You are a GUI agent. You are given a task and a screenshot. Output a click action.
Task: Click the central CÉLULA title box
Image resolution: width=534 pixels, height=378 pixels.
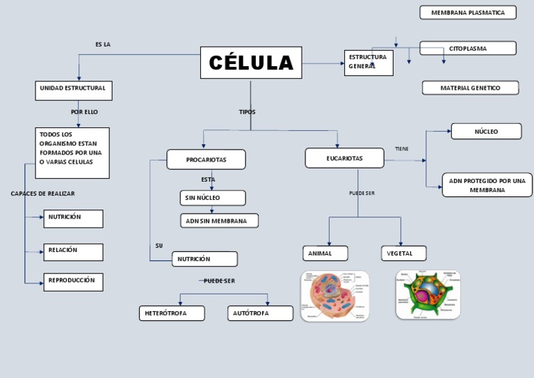click(251, 63)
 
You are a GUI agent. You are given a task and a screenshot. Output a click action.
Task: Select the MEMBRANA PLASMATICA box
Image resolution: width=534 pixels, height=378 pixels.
click(468, 13)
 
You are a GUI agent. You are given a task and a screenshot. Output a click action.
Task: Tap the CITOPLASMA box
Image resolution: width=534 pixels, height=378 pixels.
click(468, 48)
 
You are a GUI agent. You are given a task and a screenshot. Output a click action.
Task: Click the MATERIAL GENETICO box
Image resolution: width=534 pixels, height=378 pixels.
click(470, 88)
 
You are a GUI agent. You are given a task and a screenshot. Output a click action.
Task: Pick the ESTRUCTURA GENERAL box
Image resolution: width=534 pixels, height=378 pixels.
click(369, 62)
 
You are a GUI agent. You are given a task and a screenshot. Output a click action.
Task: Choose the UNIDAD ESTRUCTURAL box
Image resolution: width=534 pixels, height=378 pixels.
click(73, 90)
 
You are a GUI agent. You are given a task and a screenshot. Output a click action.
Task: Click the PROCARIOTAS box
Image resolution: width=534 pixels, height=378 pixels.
click(206, 159)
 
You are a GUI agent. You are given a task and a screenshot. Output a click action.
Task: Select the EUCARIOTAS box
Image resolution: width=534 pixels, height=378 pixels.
click(344, 158)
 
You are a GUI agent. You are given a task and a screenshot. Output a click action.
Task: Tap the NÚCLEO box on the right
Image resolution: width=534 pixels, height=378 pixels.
click(486, 131)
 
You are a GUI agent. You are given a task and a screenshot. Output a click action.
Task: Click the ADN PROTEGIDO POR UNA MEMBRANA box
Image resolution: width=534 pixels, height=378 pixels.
click(487, 185)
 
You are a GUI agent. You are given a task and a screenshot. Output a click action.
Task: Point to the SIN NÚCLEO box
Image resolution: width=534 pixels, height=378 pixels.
click(212, 198)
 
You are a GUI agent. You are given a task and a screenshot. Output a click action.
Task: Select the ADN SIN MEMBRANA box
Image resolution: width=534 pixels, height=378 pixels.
click(219, 221)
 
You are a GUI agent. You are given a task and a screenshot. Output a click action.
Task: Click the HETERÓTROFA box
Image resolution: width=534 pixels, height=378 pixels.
click(172, 313)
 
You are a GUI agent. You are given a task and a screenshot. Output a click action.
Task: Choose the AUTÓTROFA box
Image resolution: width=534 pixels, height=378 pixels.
click(260, 313)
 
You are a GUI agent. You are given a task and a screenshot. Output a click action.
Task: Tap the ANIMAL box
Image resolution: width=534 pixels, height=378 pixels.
click(325, 253)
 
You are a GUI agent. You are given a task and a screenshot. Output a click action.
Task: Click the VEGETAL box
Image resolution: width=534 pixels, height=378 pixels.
click(403, 253)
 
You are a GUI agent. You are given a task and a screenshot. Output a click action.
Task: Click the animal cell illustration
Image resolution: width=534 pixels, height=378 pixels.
click(334, 296)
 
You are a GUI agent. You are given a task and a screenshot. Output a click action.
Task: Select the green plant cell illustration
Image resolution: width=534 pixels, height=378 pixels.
click(428, 294)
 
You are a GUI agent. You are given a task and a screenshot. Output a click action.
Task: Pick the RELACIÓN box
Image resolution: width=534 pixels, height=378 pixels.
click(73, 251)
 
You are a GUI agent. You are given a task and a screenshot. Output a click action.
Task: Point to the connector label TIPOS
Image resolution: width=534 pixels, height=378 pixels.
click(247, 111)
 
